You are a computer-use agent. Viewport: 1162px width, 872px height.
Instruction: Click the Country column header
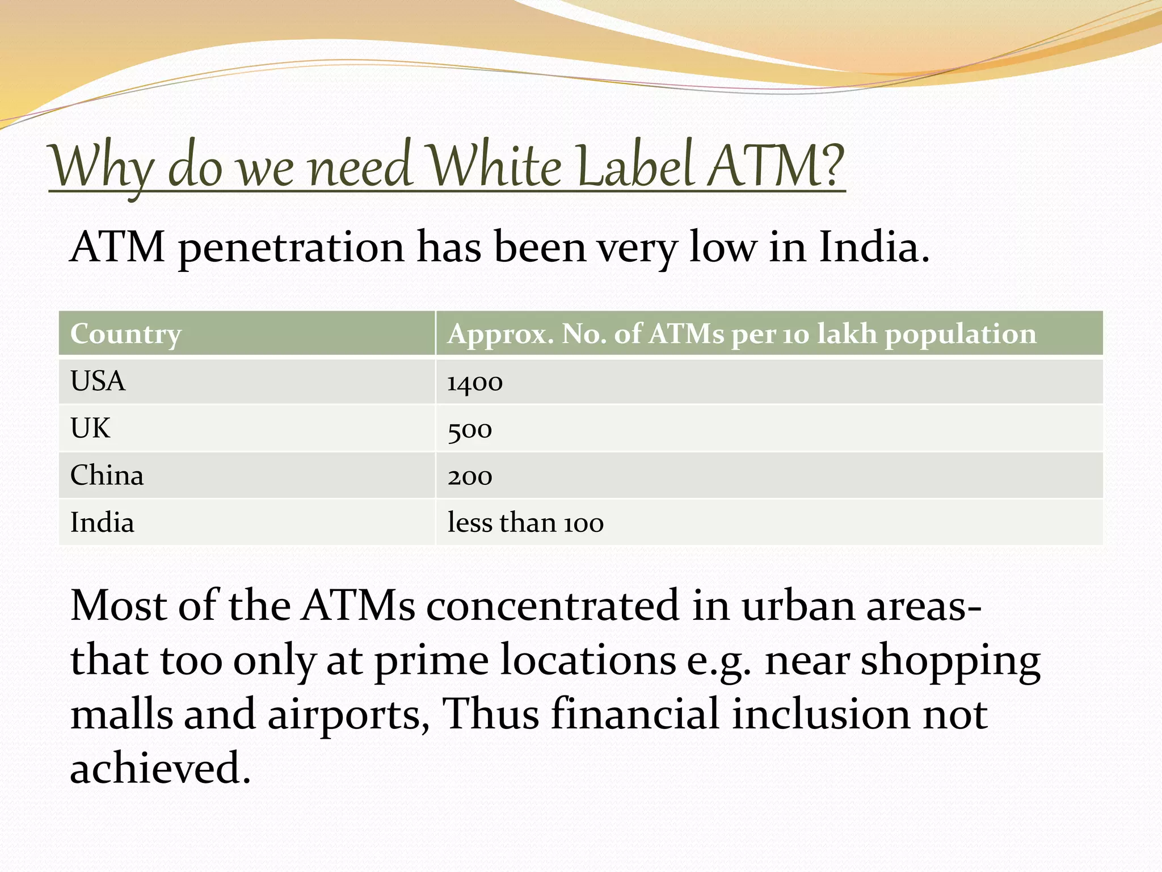126,334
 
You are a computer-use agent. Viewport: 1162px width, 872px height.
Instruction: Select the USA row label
98,381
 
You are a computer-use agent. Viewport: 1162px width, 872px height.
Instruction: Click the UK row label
90,428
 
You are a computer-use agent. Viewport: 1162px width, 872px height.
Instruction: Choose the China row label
107,475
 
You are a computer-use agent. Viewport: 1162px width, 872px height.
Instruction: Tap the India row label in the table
102,522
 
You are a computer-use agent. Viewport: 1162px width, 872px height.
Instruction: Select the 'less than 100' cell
525,523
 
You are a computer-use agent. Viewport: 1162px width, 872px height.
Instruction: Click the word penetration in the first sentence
291,248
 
